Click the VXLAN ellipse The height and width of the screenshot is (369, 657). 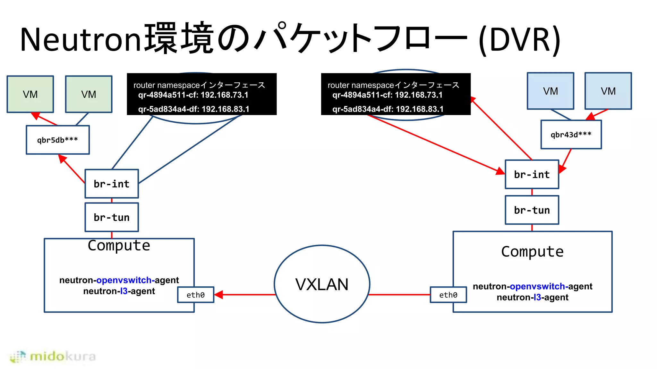click(x=322, y=284)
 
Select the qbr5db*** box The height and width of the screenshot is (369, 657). click(x=58, y=140)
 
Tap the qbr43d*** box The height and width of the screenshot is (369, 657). click(x=571, y=135)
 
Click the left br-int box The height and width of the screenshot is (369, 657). click(x=112, y=184)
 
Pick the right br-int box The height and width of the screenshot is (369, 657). click(x=532, y=175)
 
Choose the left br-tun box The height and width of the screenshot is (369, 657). click(x=112, y=217)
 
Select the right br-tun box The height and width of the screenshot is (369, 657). click(x=532, y=210)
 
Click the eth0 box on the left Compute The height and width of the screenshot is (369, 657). click(x=196, y=295)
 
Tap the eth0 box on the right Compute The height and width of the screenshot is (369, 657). click(x=448, y=295)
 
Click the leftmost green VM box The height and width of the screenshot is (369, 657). click(x=30, y=94)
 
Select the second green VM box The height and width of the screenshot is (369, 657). click(x=89, y=94)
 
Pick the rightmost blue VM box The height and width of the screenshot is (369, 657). click(x=608, y=91)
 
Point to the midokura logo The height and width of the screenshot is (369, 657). click(x=53, y=356)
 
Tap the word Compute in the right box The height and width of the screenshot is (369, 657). click(x=532, y=251)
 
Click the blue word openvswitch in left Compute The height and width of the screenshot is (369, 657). click(x=124, y=280)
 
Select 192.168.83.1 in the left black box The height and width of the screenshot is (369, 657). click(x=225, y=109)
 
